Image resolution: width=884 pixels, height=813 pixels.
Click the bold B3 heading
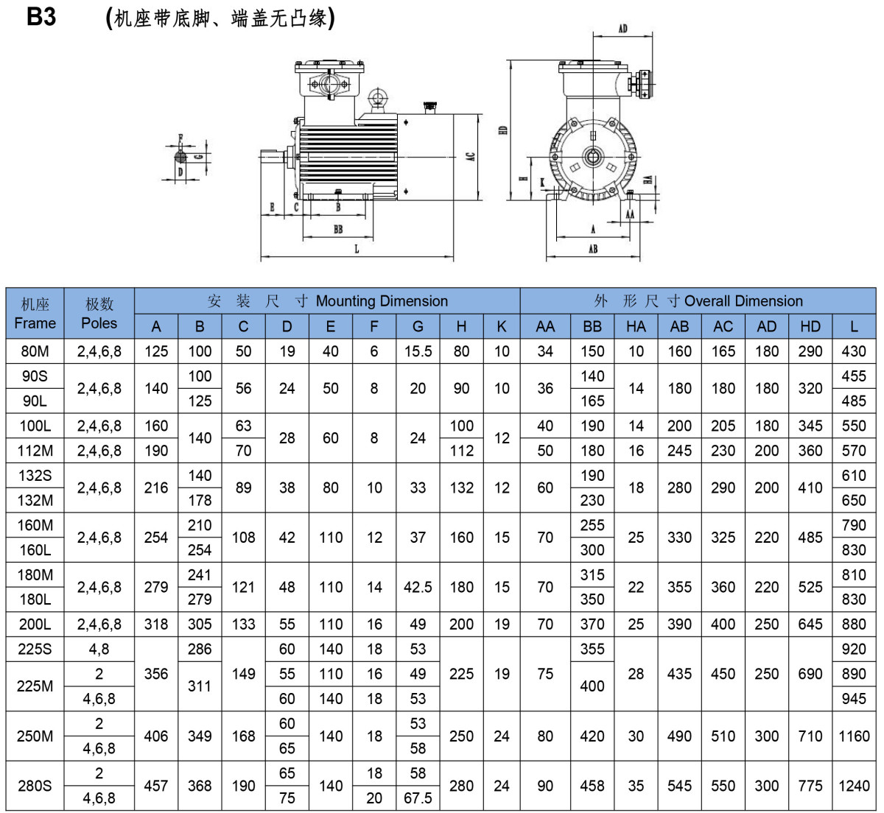[x=41, y=17]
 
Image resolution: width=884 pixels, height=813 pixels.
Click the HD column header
[x=810, y=326]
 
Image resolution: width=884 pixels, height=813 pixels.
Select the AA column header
[x=545, y=326]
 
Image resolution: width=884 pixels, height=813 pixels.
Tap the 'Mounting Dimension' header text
[x=382, y=301]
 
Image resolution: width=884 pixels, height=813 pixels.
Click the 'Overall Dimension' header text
[x=743, y=301]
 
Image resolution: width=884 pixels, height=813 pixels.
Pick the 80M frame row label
[x=35, y=351]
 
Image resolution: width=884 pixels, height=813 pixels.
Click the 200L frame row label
[x=35, y=624]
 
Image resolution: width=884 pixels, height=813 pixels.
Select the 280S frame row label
[x=35, y=786]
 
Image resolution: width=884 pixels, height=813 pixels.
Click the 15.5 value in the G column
[x=418, y=351]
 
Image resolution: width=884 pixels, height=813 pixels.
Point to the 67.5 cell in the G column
[x=418, y=798]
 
